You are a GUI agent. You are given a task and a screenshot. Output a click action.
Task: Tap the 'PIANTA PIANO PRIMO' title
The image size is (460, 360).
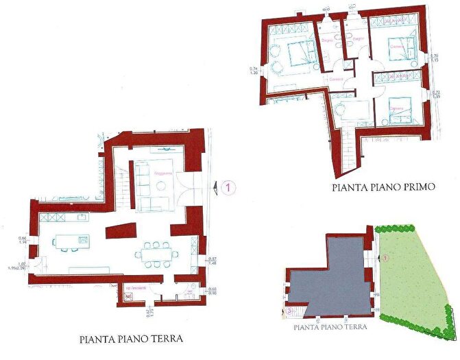(383, 186)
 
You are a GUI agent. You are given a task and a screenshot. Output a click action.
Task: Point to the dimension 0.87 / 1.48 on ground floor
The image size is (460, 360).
(212, 261)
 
